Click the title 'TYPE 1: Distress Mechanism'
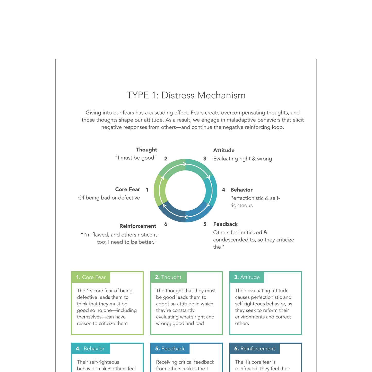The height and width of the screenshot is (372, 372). tap(186, 95)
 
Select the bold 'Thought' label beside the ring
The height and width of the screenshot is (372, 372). tap(146, 150)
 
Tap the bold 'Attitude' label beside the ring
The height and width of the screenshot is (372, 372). tap(224, 150)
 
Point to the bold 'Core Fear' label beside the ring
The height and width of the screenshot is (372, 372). tap(127, 189)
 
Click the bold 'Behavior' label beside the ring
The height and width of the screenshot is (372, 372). tap(241, 190)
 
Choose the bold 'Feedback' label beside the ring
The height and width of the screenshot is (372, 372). tap(225, 224)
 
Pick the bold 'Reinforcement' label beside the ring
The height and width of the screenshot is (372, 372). tap(138, 226)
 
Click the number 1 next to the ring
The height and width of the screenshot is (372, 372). tap(147, 190)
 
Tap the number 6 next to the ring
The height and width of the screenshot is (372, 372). tap(166, 224)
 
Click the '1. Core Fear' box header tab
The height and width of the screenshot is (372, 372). tap(91, 277)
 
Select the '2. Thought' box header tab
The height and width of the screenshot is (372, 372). tap(168, 277)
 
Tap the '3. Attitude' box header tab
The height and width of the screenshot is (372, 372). tap(247, 277)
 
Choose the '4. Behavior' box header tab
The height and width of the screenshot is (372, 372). tap(91, 349)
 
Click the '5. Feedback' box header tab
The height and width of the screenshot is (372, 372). tap(170, 349)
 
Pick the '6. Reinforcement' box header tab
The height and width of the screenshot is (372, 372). tap(254, 349)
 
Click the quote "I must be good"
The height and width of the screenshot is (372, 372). tap(136, 158)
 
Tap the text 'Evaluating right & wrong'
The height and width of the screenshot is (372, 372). tap(243, 159)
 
